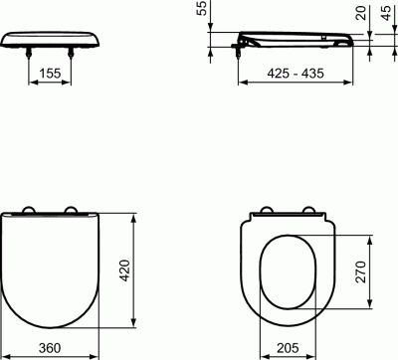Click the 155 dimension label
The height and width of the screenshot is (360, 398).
(50, 73)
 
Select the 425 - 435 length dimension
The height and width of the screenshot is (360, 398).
(296, 73)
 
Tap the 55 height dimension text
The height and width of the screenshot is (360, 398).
(202, 8)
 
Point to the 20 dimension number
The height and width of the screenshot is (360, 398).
(361, 13)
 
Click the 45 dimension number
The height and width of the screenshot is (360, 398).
(386, 13)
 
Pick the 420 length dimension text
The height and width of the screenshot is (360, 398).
(125, 270)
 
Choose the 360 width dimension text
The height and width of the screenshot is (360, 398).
(50, 348)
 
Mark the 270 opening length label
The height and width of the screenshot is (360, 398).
(361, 271)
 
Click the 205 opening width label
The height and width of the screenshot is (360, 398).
(288, 348)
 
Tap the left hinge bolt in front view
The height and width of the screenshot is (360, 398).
(29, 53)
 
